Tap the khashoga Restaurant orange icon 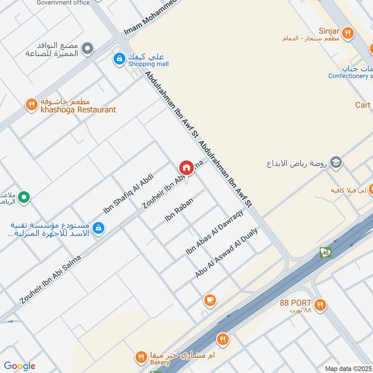pos(31,104)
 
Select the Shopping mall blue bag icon pos(119,59)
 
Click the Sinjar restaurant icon pos(347,33)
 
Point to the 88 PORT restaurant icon pos(319,305)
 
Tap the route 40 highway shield pos(325,253)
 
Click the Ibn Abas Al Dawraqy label pos(214,232)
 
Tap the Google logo pos(20,366)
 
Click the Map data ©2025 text pos(348,368)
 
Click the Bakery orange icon pos(140,357)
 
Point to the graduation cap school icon pos(335,163)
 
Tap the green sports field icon pos(24,198)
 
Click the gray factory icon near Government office pos(87,48)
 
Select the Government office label pos(63,3)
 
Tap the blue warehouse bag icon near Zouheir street pos(98,228)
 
